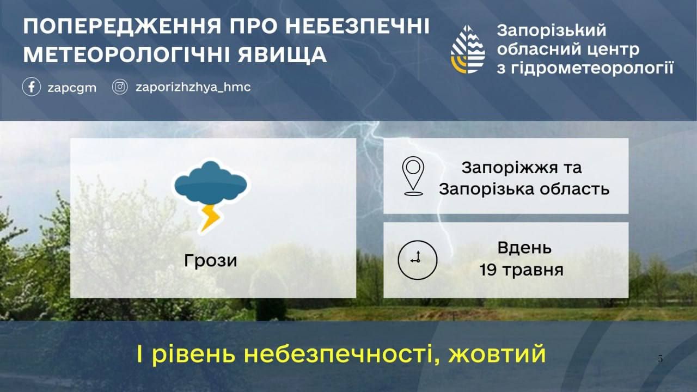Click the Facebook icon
click(32, 87)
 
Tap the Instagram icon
click(120, 87)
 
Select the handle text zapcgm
click(72, 88)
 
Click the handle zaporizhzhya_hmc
click(193, 87)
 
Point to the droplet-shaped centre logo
click(468, 50)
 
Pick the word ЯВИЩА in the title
click(282, 55)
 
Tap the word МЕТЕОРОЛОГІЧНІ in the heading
click(127, 55)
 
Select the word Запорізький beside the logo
click(552, 30)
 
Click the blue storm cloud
click(211, 182)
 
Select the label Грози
click(211, 261)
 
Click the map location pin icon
click(413, 176)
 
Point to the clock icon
click(418, 260)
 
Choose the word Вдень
click(524, 248)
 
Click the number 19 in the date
click(488, 269)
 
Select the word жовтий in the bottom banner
click(497, 354)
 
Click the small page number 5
click(661, 359)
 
